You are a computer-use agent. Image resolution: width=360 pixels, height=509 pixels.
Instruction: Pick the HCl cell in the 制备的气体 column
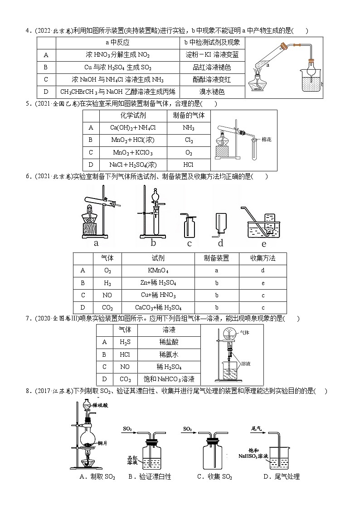click(x=189, y=165)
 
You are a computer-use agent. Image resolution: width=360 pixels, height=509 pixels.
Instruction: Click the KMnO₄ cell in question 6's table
click(x=158, y=271)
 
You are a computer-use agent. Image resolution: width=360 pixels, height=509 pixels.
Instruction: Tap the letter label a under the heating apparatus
click(x=96, y=243)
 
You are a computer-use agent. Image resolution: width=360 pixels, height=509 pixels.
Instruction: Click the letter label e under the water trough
click(x=264, y=243)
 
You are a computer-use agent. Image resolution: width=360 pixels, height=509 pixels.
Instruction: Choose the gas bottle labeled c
click(x=189, y=225)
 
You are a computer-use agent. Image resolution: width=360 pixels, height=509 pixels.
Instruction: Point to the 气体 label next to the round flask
click(x=245, y=332)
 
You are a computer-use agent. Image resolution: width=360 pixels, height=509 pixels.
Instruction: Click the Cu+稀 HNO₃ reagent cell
click(x=158, y=295)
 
